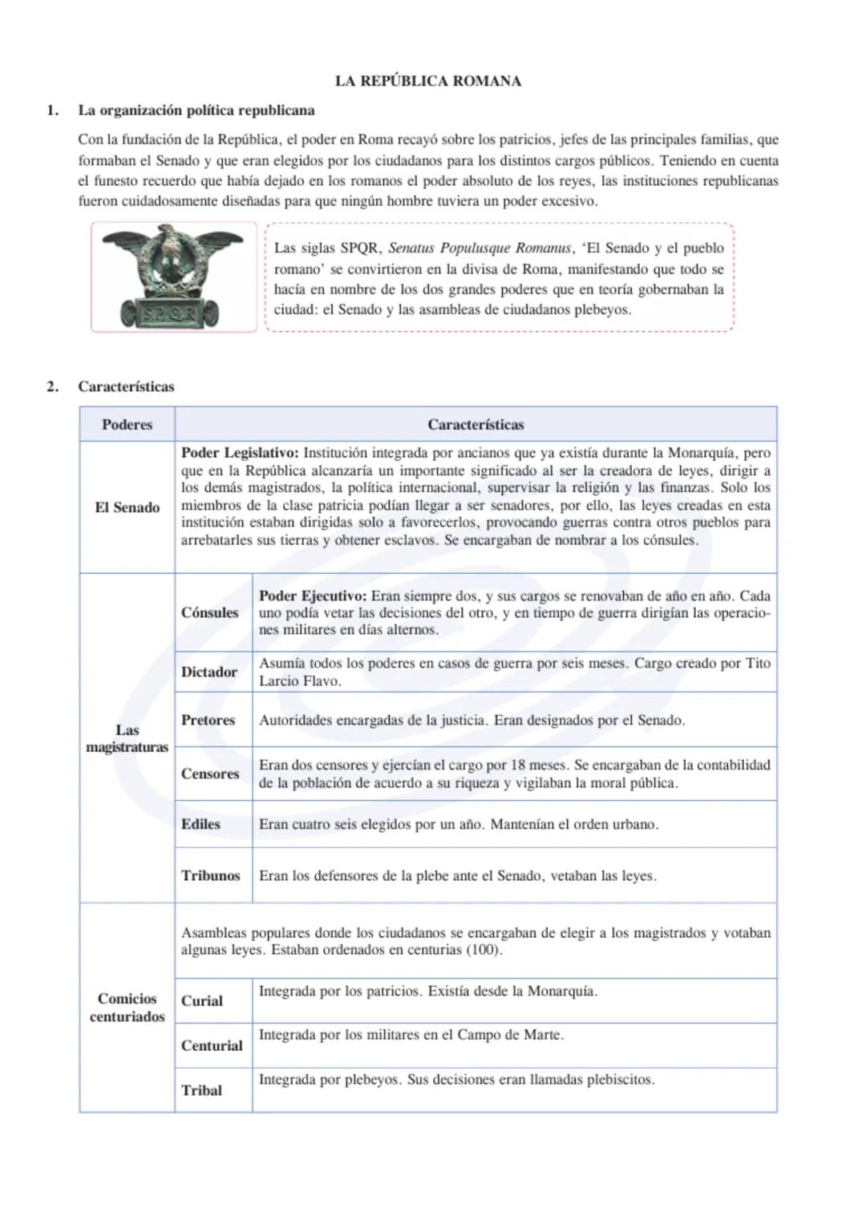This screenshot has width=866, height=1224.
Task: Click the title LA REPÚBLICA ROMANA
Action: pyautogui.click(x=427, y=81)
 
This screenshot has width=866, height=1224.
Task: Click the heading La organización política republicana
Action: pyautogui.click(x=196, y=111)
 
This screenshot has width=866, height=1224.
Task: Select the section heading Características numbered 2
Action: pyautogui.click(x=126, y=386)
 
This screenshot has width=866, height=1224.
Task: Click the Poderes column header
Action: pyautogui.click(x=127, y=425)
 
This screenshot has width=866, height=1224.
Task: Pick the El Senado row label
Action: pyautogui.click(x=127, y=507)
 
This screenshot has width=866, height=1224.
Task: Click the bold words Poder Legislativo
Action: pyautogui.click(x=240, y=453)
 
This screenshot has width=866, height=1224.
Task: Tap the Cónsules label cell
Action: pyautogui.click(x=210, y=612)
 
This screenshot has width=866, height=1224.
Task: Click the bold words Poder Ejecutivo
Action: pyautogui.click(x=313, y=596)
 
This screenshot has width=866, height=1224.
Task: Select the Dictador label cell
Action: pyautogui.click(x=209, y=672)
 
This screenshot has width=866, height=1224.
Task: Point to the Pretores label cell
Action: pyautogui.click(x=208, y=720)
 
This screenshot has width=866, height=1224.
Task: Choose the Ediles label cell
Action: pyautogui.click(x=200, y=824)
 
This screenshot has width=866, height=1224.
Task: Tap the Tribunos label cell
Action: pyautogui.click(x=211, y=875)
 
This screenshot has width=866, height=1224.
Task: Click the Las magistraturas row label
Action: pyautogui.click(x=127, y=738)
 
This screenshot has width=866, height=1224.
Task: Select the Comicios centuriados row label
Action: pyautogui.click(x=127, y=1008)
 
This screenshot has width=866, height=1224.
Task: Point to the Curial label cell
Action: pyautogui.click(x=202, y=1000)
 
